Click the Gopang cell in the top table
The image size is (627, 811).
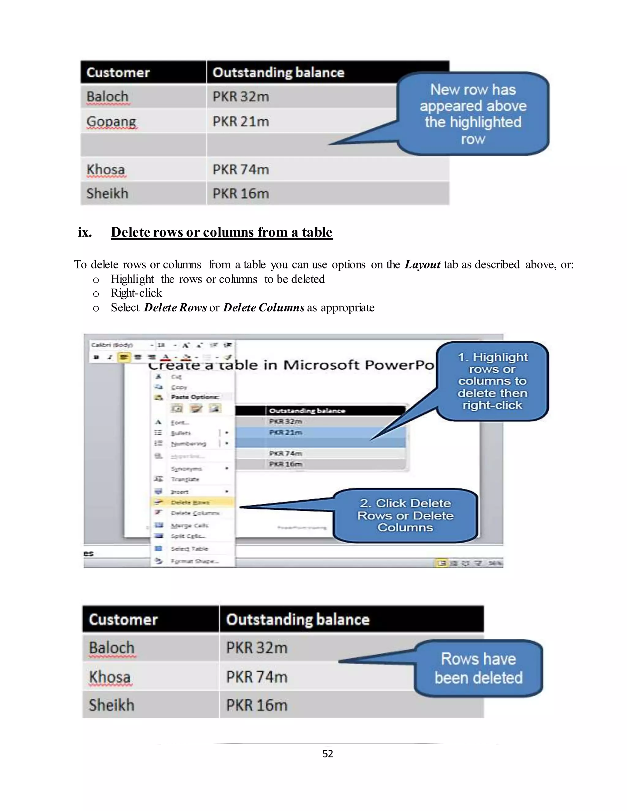pos(111,121)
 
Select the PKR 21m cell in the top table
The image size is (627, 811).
pos(241,121)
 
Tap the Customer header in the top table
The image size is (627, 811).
pos(118,73)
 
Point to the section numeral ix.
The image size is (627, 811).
pos(85,232)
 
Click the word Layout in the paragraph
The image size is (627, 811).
pos(422,264)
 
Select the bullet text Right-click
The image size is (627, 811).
pos(136,293)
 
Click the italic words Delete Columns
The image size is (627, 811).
pos(264,308)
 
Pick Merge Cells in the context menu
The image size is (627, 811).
pos(190,525)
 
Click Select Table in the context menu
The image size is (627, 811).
pos(190,548)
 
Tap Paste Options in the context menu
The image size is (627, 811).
pos(195,397)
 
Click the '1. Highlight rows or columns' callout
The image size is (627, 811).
pos(492,381)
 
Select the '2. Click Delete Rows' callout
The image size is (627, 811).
pos(405,515)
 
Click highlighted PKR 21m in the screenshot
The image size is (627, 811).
pos(285,432)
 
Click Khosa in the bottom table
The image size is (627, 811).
pos(110,677)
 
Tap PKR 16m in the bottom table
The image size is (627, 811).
pos(257,705)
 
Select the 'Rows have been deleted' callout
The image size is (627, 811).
pos(479,668)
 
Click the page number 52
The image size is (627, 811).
pos(328,753)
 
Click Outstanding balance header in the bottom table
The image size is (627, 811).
pos(298,619)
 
